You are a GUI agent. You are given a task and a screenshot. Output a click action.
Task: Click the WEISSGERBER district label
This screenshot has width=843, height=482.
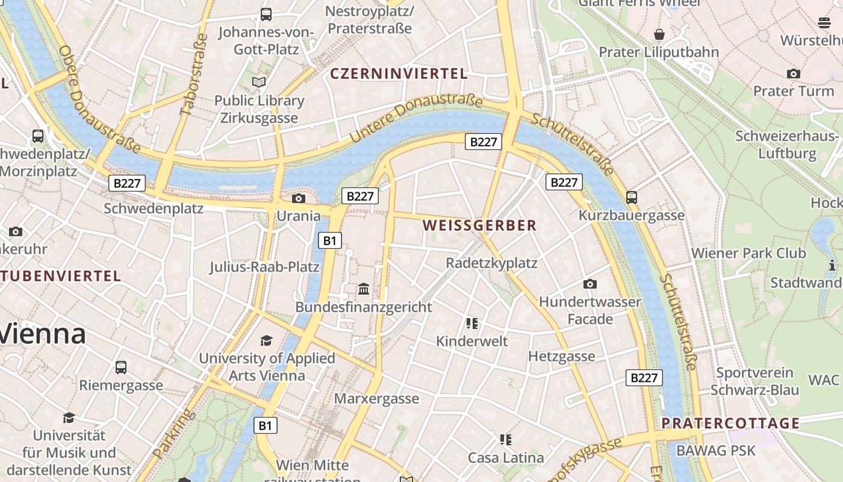click(x=479, y=226)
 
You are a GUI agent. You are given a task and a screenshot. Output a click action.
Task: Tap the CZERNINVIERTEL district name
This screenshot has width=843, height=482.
click(x=399, y=74)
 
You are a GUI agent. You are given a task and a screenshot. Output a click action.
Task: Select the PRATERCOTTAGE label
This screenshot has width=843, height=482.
click(x=730, y=423)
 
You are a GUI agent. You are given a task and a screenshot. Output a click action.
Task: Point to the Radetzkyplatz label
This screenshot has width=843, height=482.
click(x=491, y=263)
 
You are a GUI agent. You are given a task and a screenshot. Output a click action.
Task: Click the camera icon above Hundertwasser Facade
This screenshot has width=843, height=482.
click(x=590, y=284)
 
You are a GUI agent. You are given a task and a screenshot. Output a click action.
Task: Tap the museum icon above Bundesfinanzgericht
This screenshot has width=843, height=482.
click(x=364, y=289)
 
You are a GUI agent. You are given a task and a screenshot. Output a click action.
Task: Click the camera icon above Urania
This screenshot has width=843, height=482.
click(x=298, y=198)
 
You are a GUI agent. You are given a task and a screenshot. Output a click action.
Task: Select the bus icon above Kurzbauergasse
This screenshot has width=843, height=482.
click(x=632, y=197)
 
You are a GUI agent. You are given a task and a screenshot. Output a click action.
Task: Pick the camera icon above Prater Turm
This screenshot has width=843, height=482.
click(x=794, y=74)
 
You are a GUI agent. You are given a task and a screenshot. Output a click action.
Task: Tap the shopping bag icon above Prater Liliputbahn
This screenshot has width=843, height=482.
click(x=659, y=34)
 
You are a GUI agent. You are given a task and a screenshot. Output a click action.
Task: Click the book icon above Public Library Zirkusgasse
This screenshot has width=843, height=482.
click(x=259, y=82)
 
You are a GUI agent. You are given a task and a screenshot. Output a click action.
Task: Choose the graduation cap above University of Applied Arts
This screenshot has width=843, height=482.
click(x=267, y=341)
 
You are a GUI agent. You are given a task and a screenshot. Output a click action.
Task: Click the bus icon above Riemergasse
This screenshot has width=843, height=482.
click(x=121, y=367)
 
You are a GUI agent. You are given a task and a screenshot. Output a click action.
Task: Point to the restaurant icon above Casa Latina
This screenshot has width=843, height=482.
click(x=506, y=439)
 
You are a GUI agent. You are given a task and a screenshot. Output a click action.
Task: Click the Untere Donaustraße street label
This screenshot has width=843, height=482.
click(x=415, y=117)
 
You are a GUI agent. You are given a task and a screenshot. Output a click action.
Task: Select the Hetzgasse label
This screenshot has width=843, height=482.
click(x=561, y=357)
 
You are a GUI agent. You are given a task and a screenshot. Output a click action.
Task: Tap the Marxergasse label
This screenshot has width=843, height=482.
click(x=376, y=399)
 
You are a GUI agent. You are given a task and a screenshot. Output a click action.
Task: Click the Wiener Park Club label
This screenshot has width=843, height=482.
click(x=748, y=253)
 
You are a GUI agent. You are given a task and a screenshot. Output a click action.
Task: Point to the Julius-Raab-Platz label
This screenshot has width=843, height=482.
click(x=264, y=266)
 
